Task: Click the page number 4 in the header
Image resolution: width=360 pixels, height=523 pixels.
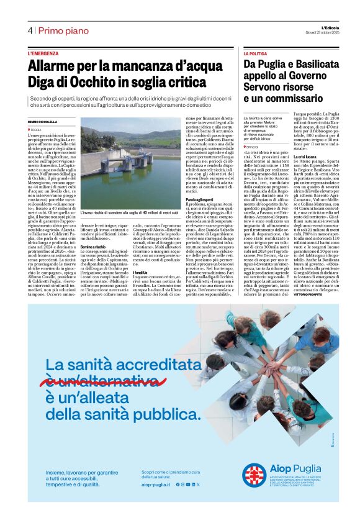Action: pos(30,31)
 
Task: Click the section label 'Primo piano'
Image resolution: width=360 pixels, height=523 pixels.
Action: pos(63,31)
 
